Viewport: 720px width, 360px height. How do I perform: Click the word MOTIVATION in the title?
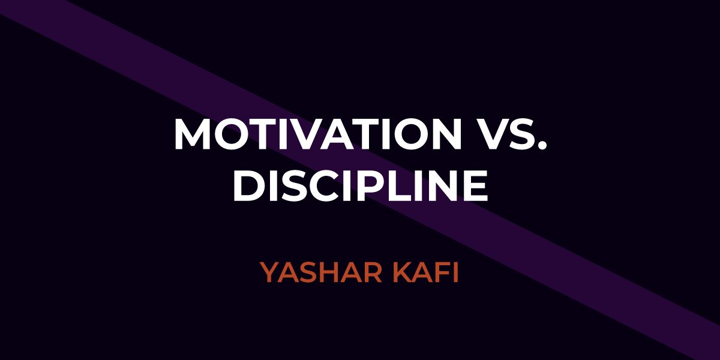point(318,134)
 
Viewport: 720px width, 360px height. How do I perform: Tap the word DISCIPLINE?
point(361,185)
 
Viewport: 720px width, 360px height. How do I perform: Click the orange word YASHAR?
point(322,272)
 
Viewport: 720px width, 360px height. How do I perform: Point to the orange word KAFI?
point(425,272)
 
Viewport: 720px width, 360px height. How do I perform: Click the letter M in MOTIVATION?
point(192,134)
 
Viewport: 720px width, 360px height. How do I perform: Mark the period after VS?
point(542,146)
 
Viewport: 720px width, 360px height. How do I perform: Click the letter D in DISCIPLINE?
point(248,185)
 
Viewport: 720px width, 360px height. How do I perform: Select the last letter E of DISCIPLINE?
point(476,185)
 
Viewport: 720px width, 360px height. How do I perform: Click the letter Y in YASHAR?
point(270,272)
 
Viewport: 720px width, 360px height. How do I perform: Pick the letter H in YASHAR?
point(331,272)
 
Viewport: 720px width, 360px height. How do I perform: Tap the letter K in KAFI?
point(402,272)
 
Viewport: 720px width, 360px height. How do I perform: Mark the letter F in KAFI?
point(443,272)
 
